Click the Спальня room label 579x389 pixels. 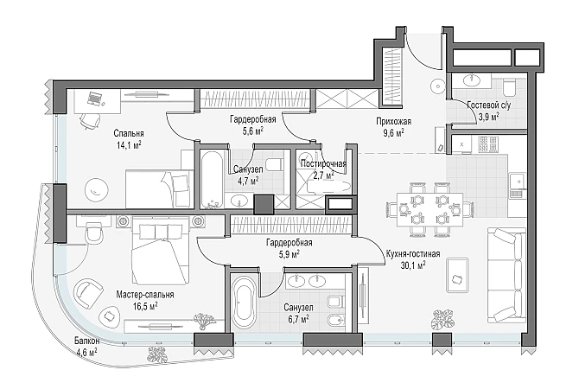pos(129,133)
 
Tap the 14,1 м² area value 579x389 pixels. pos(129,145)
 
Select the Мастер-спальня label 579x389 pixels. pos(145,295)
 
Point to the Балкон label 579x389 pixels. pos(86,341)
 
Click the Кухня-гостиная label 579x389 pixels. pos(413,254)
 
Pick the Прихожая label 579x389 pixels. pos(393,122)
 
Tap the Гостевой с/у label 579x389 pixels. pos(489,105)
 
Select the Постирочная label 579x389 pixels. pos(323,163)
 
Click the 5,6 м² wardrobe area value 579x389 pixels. pos(252,131)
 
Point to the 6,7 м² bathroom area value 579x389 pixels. pos(298,318)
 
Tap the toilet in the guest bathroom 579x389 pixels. pos(510,87)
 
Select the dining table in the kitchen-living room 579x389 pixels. pos(429,209)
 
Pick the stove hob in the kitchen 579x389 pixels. pos(488,144)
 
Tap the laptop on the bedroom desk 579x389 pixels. pos(94,99)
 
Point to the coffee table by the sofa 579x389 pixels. pos(457,275)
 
